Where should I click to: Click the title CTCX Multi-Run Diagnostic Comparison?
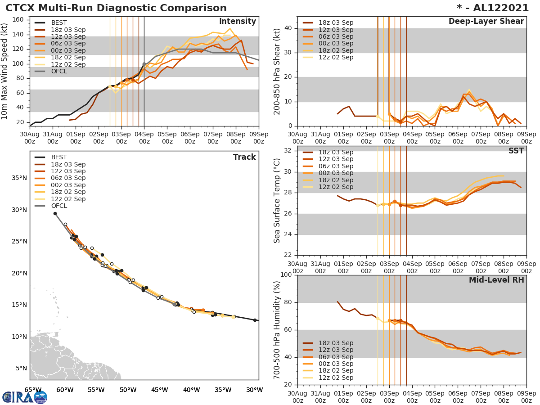click(x=116, y=8)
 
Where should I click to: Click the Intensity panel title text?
click(x=237, y=22)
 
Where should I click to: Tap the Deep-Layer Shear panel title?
click(x=486, y=22)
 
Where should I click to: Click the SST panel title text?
click(x=516, y=151)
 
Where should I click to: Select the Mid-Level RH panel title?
click(x=496, y=280)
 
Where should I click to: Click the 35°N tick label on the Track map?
click(x=19, y=178)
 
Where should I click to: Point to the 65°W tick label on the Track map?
click(x=33, y=390)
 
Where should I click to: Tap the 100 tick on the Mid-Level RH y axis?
click(x=285, y=275)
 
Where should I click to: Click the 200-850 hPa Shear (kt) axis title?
click(x=277, y=72)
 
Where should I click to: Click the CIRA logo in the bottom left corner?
click(x=24, y=397)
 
